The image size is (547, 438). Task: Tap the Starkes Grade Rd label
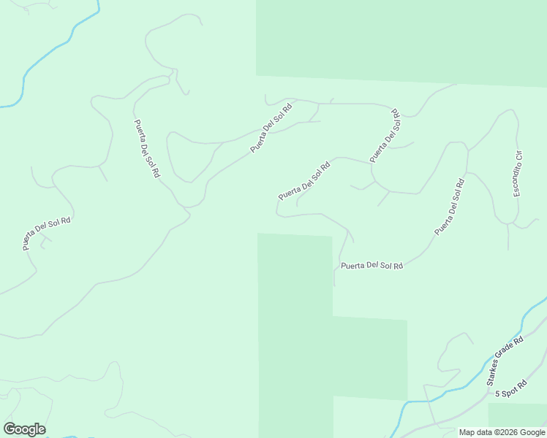[505, 361]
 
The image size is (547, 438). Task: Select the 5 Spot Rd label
[511, 389]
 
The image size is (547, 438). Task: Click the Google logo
[24, 429]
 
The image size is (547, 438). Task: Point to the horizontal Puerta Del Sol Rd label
[372, 265]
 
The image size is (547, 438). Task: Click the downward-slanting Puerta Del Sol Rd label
[146, 150]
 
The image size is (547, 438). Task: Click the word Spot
[510, 390]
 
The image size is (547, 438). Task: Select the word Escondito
[516, 180]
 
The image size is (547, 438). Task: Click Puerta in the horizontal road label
[352, 265]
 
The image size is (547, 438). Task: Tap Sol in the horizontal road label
[385, 266]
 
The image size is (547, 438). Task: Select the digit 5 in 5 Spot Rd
[497, 393]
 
